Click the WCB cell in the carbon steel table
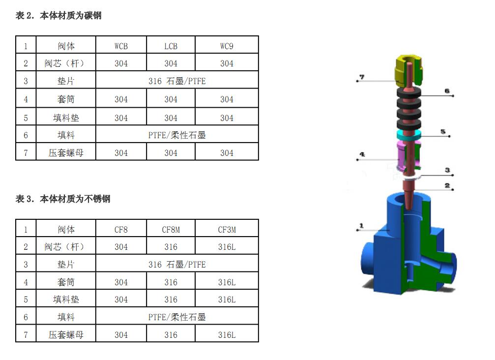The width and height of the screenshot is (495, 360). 121,46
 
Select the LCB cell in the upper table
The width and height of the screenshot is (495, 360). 171,46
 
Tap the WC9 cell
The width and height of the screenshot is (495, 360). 227,46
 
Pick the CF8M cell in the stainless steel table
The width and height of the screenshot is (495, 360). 171,230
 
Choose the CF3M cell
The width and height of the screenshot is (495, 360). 227,230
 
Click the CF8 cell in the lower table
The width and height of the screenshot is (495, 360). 121,230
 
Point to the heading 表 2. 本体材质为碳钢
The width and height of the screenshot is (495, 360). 58,15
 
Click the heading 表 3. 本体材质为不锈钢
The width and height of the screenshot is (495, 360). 63,199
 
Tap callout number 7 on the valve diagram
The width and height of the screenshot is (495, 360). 362,77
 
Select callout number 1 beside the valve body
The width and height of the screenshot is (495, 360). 361,225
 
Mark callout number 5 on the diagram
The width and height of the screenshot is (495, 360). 443,131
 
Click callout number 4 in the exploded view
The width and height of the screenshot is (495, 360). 362,154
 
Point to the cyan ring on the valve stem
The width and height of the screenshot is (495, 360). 409,135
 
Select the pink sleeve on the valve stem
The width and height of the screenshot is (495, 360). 403,156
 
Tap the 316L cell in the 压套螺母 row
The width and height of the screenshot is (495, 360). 227,335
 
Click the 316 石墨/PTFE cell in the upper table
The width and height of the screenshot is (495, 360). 177,81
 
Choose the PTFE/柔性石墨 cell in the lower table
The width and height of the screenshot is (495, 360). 177,317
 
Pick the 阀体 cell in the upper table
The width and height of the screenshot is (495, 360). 66,46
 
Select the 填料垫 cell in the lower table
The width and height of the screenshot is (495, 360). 66,300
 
